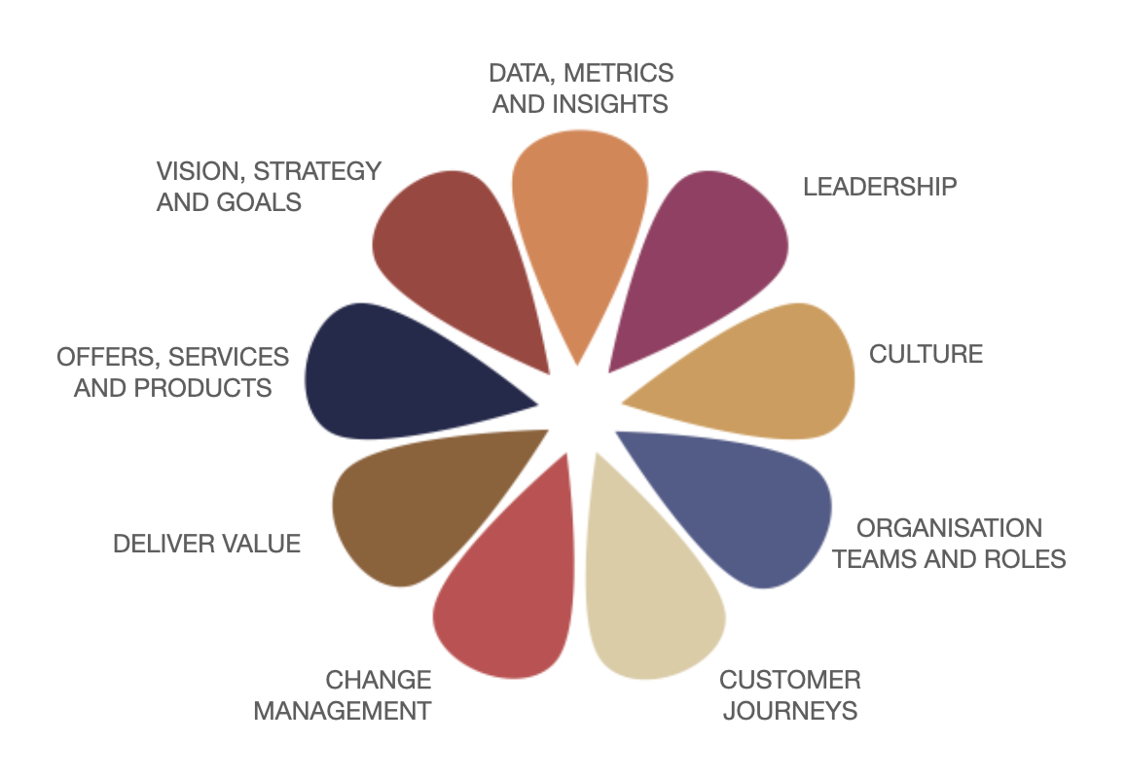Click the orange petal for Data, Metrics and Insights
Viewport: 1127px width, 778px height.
(x=581, y=214)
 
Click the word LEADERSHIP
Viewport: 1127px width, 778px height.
(x=880, y=187)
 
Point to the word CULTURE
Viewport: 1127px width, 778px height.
(x=926, y=354)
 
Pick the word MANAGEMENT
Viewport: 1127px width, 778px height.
(x=342, y=711)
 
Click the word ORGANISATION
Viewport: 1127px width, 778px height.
(x=949, y=528)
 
